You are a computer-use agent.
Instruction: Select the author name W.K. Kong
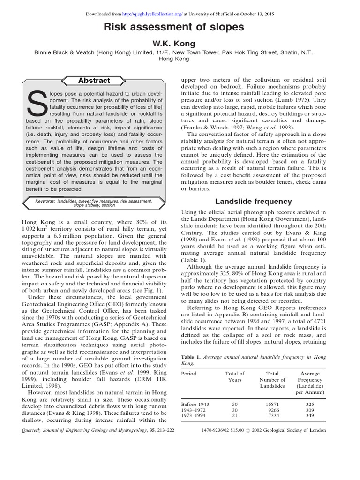[x=180, y=44]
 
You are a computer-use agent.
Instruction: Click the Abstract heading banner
[x=94, y=81]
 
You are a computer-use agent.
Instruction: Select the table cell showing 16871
[x=272, y=404]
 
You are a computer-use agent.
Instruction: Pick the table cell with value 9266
[x=272, y=410]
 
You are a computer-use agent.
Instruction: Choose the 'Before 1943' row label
[x=195, y=404]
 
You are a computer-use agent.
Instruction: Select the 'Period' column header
[x=189, y=374]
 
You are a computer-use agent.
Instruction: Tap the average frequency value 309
[x=309, y=410]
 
